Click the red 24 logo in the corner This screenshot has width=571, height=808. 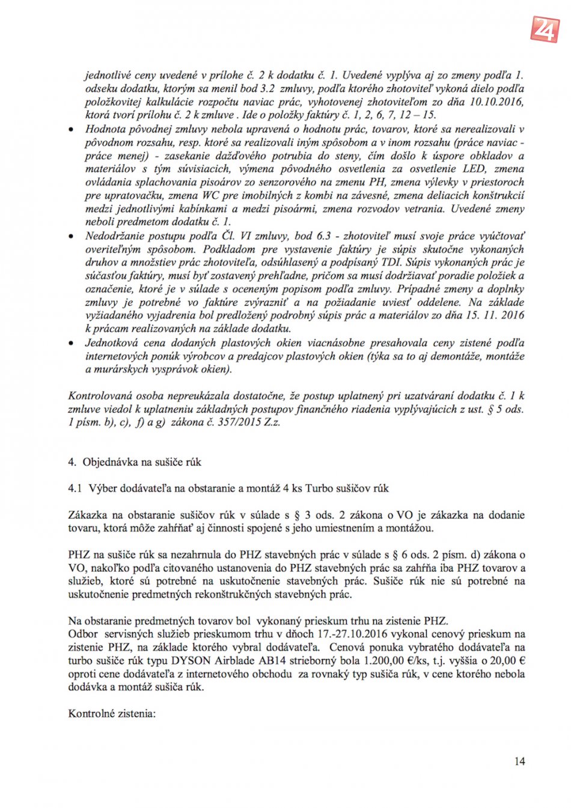click(x=545, y=28)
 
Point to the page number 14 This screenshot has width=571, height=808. click(x=519, y=761)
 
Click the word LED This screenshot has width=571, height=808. click(x=474, y=169)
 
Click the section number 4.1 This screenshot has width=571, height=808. click(x=75, y=488)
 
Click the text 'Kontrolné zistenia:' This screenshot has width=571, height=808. click(x=112, y=714)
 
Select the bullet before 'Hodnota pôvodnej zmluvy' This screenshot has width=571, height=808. click(x=72, y=130)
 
